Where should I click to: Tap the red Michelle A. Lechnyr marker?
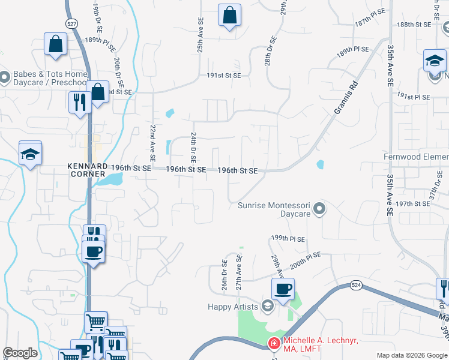[274, 344]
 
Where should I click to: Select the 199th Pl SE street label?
[288, 239]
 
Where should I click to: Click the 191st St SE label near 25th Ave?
[224, 76]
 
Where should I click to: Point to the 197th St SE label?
[413, 204]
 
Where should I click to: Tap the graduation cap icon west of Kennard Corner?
[30, 154]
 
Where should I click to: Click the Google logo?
[20, 353]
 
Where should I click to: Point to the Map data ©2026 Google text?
[411, 355]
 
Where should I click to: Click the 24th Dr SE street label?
[193, 149]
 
